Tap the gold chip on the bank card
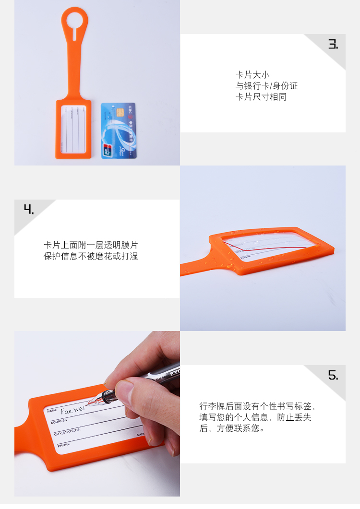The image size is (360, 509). click(120, 112)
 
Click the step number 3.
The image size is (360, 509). click(333, 44)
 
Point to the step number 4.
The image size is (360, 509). click(29, 209)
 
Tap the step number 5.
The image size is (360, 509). click(333, 375)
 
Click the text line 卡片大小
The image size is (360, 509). click(252, 75)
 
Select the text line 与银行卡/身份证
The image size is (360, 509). click(266, 86)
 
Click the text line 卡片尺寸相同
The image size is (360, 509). click(261, 97)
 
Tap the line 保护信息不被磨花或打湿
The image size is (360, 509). click(91, 256)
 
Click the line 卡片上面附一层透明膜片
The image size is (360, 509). click(91, 245)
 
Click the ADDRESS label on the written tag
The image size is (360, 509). click(59, 421)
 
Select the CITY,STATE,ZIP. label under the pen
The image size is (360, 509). click(67, 433)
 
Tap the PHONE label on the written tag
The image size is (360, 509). click(64, 445)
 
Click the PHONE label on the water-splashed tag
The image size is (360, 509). click(246, 257)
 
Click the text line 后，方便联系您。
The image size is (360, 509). click(232, 428)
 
